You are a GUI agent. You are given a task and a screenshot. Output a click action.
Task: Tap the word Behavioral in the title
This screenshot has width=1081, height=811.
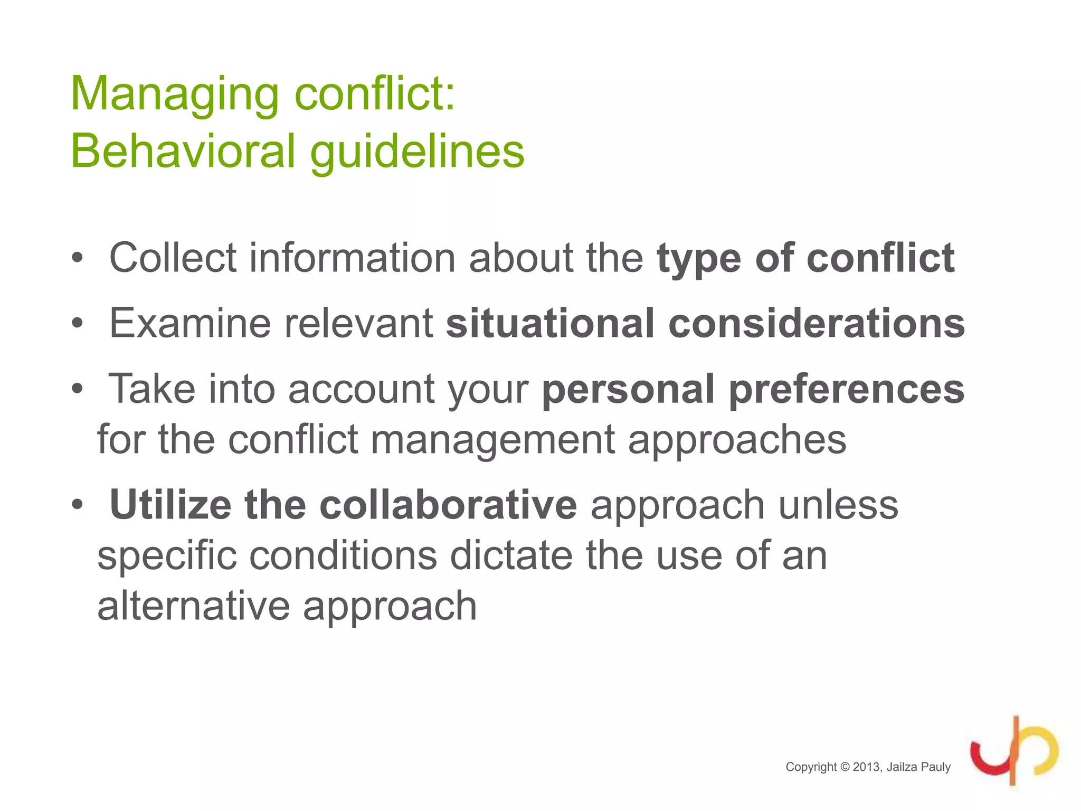tap(183, 151)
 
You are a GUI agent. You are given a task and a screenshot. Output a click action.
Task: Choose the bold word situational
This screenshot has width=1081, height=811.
tap(550, 323)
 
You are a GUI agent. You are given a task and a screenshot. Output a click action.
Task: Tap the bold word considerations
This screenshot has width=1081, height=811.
tap(817, 323)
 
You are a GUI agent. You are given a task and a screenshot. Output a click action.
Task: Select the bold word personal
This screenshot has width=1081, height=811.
tap(628, 390)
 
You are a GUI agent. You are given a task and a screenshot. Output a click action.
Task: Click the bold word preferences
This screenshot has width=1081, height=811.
tap(847, 390)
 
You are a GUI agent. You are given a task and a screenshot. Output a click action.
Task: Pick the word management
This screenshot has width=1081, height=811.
tap(492, 440)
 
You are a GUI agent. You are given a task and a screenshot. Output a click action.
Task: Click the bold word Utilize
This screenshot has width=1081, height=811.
tap(170, 505)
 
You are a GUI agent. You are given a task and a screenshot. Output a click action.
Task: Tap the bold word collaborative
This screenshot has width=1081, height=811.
tap(448, 505)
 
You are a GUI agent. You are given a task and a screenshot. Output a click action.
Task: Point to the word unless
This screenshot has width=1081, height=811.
tap(838, 505)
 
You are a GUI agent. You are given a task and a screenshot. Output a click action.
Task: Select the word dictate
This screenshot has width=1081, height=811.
tap(511, 555)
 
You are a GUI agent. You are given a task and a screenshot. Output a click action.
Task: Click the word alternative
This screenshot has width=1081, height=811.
tap(193, 606)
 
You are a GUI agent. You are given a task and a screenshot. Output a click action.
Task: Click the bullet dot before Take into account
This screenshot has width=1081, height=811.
tap(78, 390)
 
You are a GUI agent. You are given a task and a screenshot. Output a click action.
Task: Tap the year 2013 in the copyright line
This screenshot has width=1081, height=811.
tap(866, 767)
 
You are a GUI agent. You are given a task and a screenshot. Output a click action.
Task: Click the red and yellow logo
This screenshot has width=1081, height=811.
tap(1013, 751)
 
